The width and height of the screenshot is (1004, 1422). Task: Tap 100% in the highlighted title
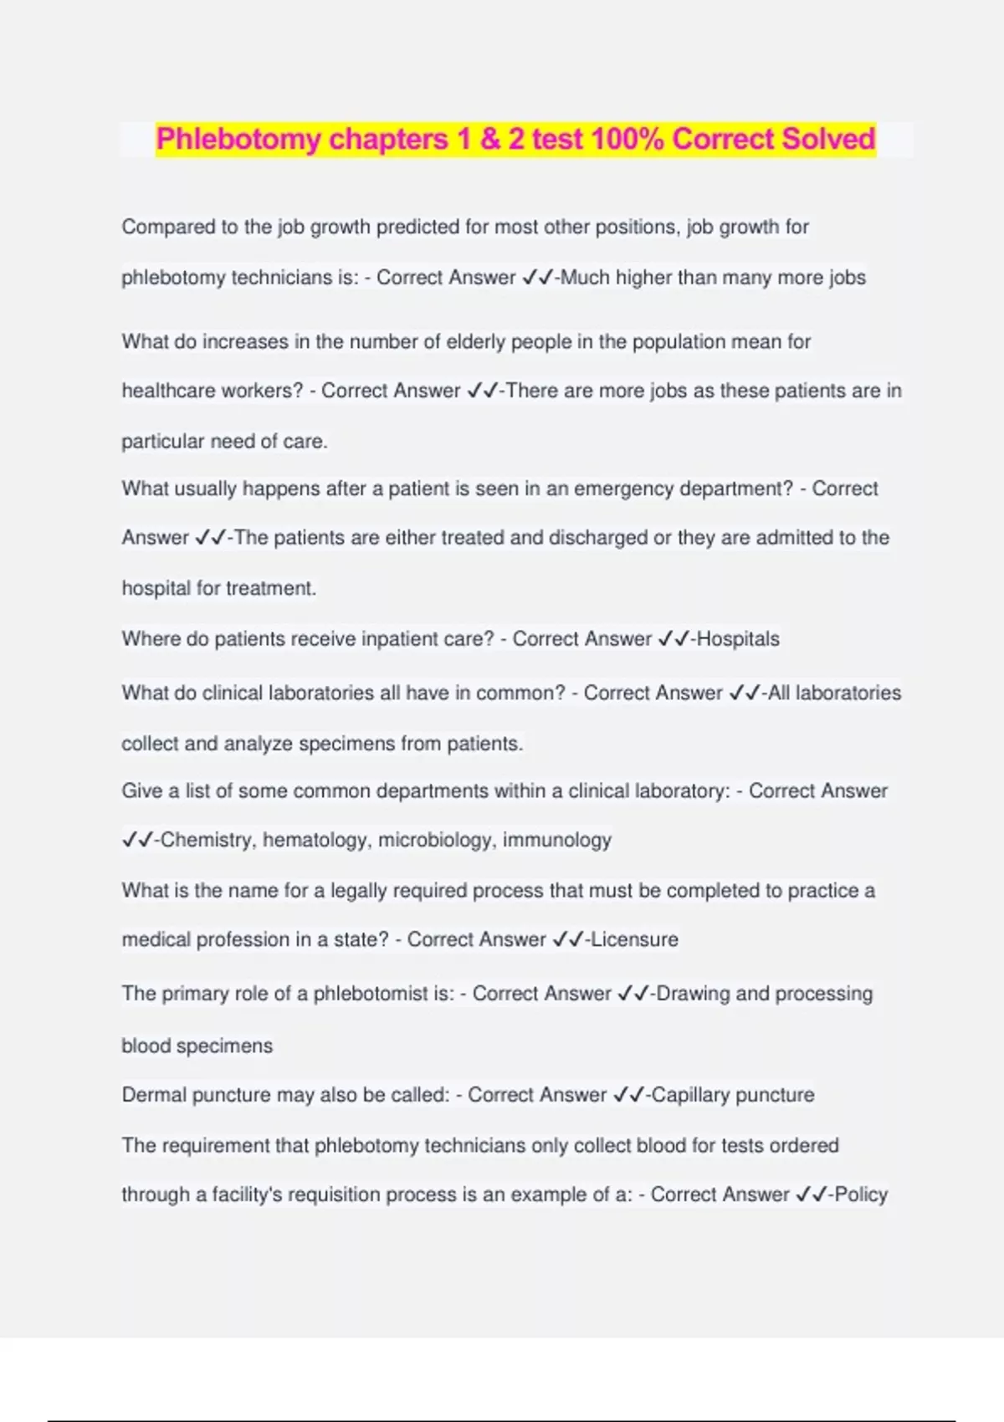(x=627, y=139)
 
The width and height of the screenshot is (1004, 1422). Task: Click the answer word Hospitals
(x=738, y=639)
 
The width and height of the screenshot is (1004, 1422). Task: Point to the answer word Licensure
(x=634, y=939)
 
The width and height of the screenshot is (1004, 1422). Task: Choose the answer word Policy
(x=861, y=1194)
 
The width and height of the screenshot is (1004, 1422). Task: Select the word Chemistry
(x=206, y=840)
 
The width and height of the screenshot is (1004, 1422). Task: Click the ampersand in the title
(x=489, y=139)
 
